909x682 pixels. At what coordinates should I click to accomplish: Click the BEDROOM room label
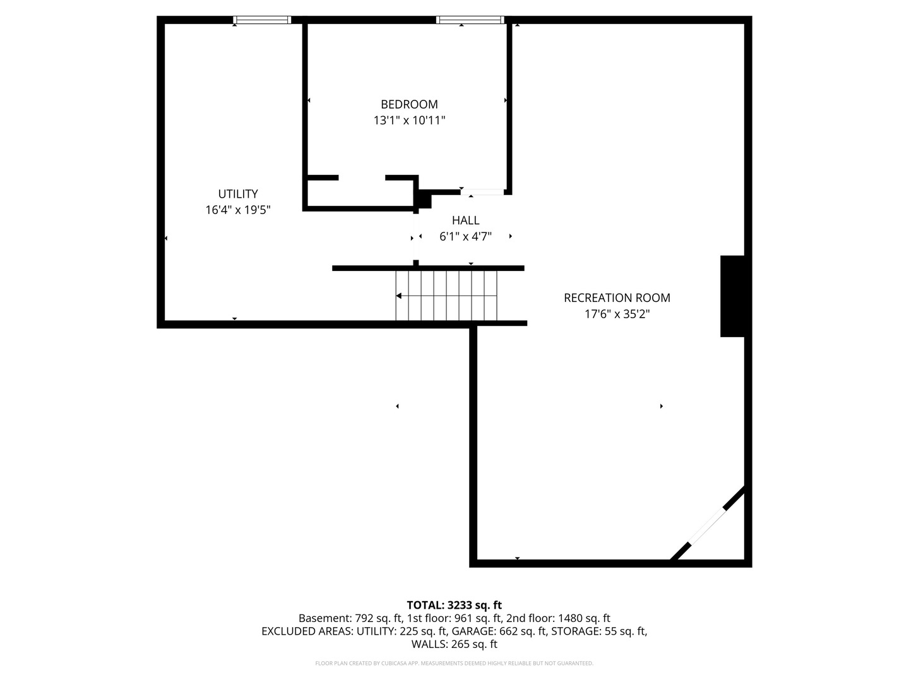point(409,104)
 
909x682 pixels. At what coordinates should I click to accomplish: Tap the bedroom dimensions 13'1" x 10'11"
point(409,120)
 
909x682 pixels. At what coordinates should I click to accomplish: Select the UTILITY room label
point(238,194)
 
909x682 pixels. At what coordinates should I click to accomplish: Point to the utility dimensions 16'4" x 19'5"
point(238,210)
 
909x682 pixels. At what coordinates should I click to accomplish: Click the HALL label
point(465,220)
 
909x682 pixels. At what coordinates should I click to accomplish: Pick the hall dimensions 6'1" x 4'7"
point(465,237)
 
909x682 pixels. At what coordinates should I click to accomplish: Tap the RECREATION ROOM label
point(617,297)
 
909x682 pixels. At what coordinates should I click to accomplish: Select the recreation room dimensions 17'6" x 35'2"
point(617,314)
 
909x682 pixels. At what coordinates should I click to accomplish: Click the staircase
point(446,296)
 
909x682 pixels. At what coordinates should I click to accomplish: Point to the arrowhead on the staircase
point(400,296)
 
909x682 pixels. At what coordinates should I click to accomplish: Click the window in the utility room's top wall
point(262,20)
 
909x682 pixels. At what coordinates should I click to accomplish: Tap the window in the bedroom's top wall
point(470,20)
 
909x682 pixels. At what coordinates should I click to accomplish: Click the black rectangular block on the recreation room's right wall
point(732,296)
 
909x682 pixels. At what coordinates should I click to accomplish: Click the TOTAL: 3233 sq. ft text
point(454,605)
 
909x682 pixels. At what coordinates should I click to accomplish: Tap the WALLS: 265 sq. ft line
point(454,644)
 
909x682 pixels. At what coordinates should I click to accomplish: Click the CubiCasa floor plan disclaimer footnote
point(454,663)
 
